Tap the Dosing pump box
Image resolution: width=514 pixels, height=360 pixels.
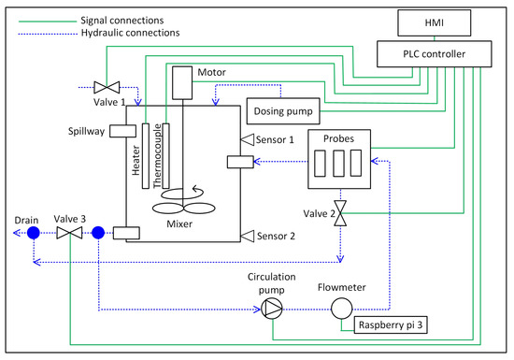(281, 111)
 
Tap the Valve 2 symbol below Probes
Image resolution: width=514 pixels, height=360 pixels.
(342, 214)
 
